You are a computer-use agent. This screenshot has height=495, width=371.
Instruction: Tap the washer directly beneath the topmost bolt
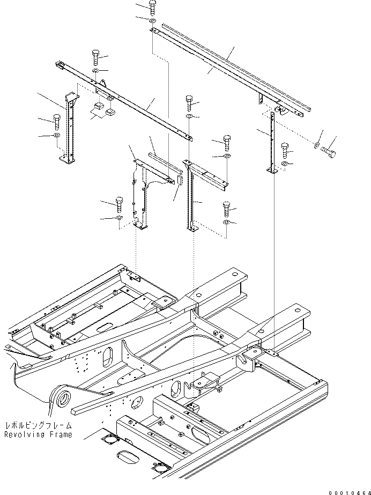[153, 21]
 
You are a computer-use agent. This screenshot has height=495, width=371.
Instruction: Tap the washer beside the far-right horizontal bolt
[317, 145]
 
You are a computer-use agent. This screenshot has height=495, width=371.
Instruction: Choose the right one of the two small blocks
[111, 112]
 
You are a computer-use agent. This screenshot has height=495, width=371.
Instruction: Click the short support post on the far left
[69, 129]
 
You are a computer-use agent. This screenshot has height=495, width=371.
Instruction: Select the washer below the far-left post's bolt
[57, 136]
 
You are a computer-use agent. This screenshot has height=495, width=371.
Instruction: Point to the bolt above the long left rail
[95, 57]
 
